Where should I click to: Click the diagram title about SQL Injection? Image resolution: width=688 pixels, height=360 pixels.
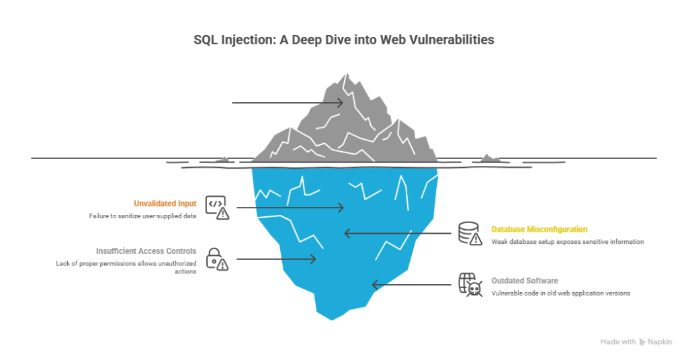343,40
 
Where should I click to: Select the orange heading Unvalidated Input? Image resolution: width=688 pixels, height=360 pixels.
165,204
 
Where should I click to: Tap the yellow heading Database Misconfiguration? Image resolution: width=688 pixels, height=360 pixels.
539,229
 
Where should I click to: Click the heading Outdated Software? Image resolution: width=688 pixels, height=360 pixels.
524,281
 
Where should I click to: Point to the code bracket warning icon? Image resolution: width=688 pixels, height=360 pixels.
217,208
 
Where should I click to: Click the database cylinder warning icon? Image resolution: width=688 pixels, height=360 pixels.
470,233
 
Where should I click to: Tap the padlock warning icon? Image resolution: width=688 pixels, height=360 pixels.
217,259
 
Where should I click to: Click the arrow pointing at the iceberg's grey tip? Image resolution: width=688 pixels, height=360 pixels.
288,103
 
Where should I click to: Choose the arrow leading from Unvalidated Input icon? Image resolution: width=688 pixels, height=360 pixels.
290,208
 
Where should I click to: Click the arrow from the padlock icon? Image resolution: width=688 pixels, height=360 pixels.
276,259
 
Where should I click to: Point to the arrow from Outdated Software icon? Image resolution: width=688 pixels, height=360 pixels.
411,285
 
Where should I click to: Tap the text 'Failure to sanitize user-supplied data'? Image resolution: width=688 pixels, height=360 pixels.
142,216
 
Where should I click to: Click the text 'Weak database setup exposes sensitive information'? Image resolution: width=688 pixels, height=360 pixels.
568,242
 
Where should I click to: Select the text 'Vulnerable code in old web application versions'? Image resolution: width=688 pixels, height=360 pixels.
560,293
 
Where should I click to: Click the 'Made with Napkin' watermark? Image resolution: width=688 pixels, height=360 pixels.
636,342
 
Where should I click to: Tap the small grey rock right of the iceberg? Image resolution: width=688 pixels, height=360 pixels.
489,159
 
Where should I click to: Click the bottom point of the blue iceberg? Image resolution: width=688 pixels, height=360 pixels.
331,318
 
